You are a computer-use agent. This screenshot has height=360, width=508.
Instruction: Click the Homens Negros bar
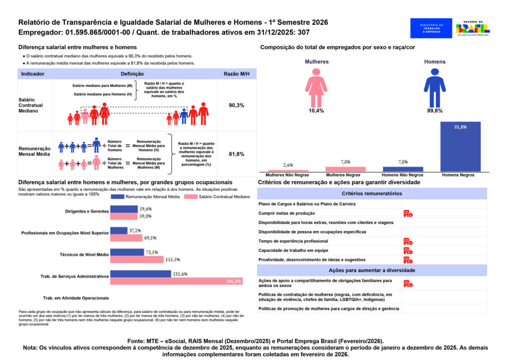coord(460,146)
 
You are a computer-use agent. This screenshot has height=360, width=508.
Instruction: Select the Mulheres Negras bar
coord(345,169)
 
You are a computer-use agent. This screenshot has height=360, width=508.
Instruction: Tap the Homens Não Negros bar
coord(403,169)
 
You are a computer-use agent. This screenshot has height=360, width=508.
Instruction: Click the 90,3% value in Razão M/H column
coord(236,106)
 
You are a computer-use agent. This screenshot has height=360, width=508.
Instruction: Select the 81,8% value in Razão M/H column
coord(236,154)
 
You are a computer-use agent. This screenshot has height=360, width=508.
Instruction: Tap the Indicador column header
coord(33,74)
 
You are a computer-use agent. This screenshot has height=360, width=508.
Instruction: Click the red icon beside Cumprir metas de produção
coord(408,214)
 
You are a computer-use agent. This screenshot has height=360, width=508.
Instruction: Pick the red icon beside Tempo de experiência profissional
coord(408,241)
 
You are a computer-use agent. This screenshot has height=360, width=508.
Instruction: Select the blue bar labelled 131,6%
coord(140,274)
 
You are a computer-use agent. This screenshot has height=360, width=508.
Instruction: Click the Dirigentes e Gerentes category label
coord(87,212)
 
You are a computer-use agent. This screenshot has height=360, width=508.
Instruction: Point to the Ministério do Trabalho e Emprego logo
coord(431,28)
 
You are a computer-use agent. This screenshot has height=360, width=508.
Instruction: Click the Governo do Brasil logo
coord(473,28)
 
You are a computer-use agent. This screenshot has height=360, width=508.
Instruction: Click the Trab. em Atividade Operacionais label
coord(76,298)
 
